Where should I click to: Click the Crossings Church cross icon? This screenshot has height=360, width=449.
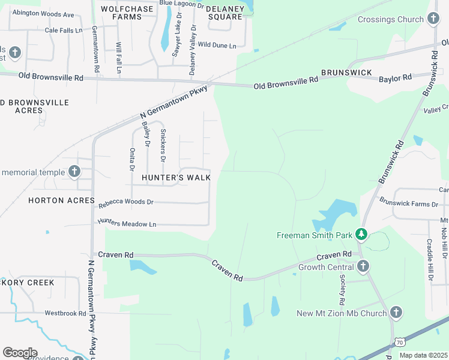pos(433,20)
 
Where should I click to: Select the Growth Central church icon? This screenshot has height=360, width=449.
pos(363,266)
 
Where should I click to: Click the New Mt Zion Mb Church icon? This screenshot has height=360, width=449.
pos(396,313)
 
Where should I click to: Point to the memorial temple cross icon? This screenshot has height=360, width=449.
pos(74,172)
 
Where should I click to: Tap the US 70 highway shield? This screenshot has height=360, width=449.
pos(400,343)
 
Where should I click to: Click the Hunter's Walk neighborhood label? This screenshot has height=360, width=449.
pos(176,178)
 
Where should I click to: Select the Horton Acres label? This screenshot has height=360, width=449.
pos(61,200)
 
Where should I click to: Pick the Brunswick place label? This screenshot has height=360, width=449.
pos(346,73)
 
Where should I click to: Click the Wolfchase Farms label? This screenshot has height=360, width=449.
pos(130,13)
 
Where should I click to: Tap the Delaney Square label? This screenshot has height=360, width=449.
pos(225,13)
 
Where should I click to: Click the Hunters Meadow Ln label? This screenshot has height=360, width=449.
pos(127,224)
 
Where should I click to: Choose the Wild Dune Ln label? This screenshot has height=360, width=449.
pos(217,45)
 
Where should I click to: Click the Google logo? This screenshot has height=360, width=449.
pos(20,353)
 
